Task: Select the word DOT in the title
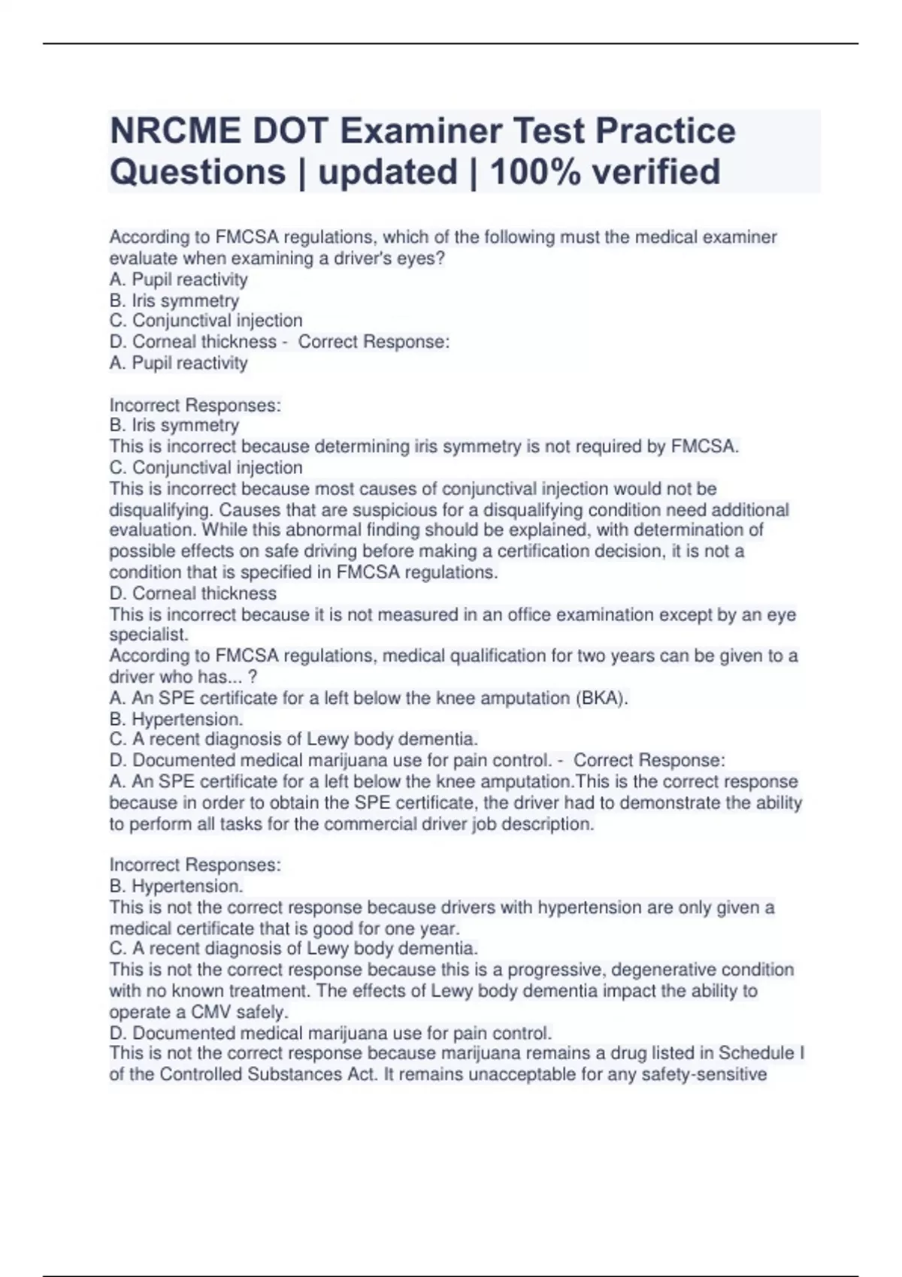[290, 131]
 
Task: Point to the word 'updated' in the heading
[388, 172]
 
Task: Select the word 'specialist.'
[149, 635]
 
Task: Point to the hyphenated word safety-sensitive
[704, 1074]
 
